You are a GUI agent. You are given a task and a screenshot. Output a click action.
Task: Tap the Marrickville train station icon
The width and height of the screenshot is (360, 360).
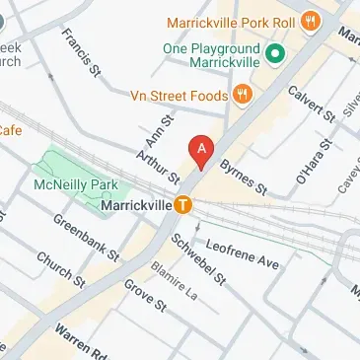[x=183, y=206]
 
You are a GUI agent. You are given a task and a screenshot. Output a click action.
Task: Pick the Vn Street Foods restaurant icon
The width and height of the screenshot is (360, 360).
[x=241, y=96]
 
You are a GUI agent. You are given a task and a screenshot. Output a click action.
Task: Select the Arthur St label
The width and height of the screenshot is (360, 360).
[x=158, y=166]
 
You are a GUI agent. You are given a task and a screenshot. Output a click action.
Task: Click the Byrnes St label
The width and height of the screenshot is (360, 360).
[x=244, y=176]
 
